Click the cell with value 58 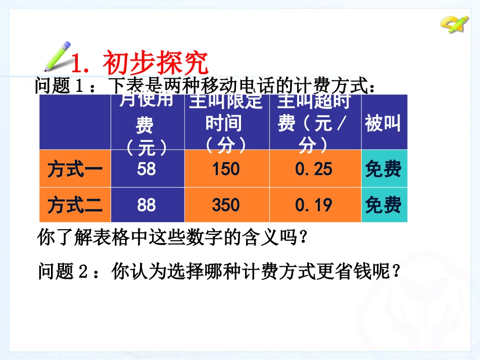pos(147,169)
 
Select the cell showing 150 pos(226,169)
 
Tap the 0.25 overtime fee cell pos(314,169)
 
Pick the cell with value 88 pos(147,205)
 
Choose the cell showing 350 pos(226,205)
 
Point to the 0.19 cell pos(314,205)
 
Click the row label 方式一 pos(75,169)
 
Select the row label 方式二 pos(75,205)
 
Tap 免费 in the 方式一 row pos(383,169)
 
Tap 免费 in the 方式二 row pos(383,205)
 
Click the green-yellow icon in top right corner pos(454,23)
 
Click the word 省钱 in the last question pos(354,272)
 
